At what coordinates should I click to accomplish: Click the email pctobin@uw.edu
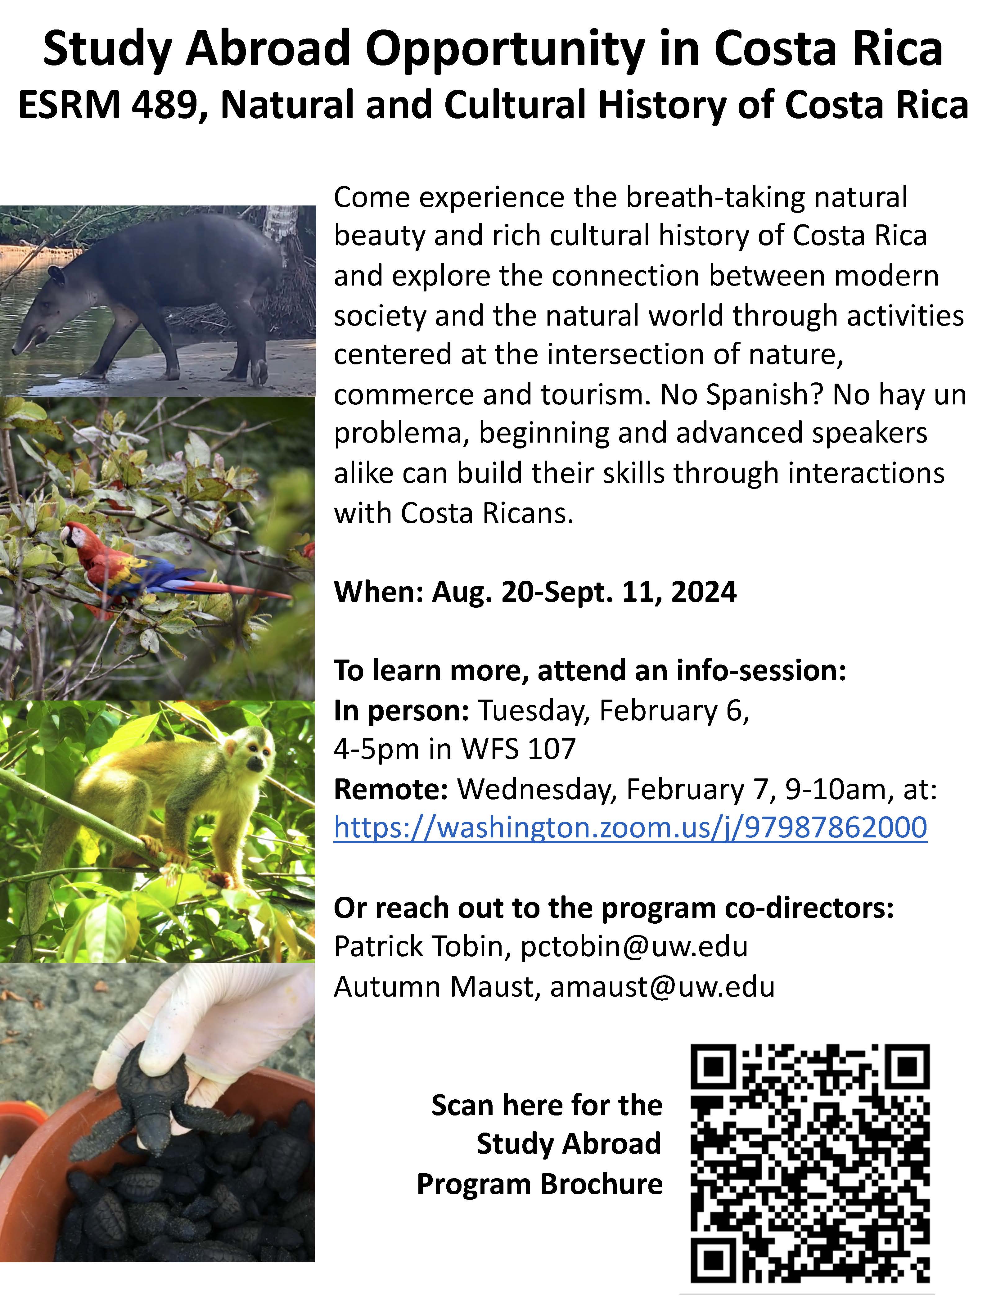(x=634, y=947)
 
